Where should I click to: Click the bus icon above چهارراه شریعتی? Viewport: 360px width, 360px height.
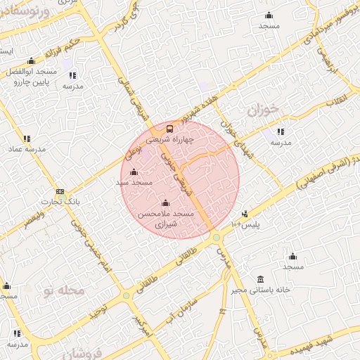pos(169,129)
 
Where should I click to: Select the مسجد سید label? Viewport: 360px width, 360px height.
pos(134,182)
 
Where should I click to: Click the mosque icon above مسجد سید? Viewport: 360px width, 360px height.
pos(134,172)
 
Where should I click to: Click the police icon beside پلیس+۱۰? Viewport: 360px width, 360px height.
pos(245,214)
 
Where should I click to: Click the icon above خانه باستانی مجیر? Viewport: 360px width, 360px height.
pos(261,279)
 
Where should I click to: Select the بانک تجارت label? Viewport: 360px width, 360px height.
pos(59,201)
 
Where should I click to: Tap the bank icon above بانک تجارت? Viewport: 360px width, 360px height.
pos(60,191)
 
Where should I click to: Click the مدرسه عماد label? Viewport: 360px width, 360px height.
pos(27,149)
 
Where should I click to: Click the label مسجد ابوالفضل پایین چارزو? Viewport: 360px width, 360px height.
pos(31,77)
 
